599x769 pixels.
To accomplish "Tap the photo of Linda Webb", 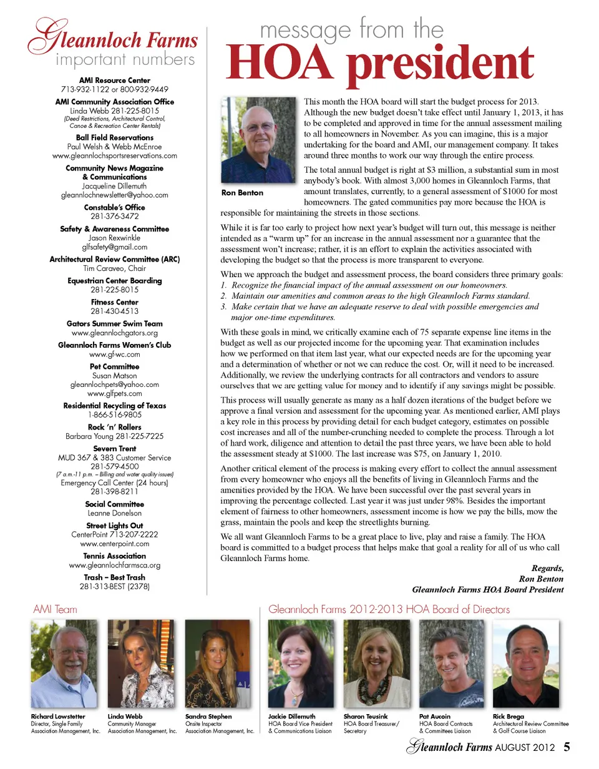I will coord(141,663).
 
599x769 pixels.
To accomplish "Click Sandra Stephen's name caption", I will coord(208,717).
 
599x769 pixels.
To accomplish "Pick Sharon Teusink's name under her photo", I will coord(366,717).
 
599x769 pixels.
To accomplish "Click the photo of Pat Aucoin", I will coord(451,663).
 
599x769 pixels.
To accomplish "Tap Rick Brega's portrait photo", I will coord(525,663).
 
